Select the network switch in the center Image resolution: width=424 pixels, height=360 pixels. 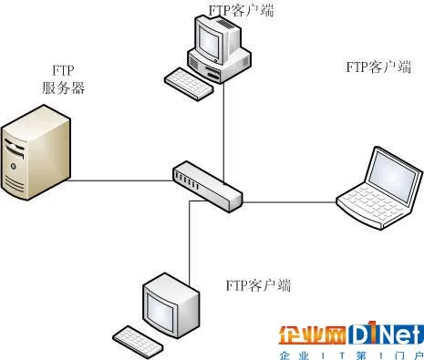208,182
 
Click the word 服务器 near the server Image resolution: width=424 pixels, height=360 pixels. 63,88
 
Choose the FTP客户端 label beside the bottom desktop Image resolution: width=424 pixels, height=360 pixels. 258,285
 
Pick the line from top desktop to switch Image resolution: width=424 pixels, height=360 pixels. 223,128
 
